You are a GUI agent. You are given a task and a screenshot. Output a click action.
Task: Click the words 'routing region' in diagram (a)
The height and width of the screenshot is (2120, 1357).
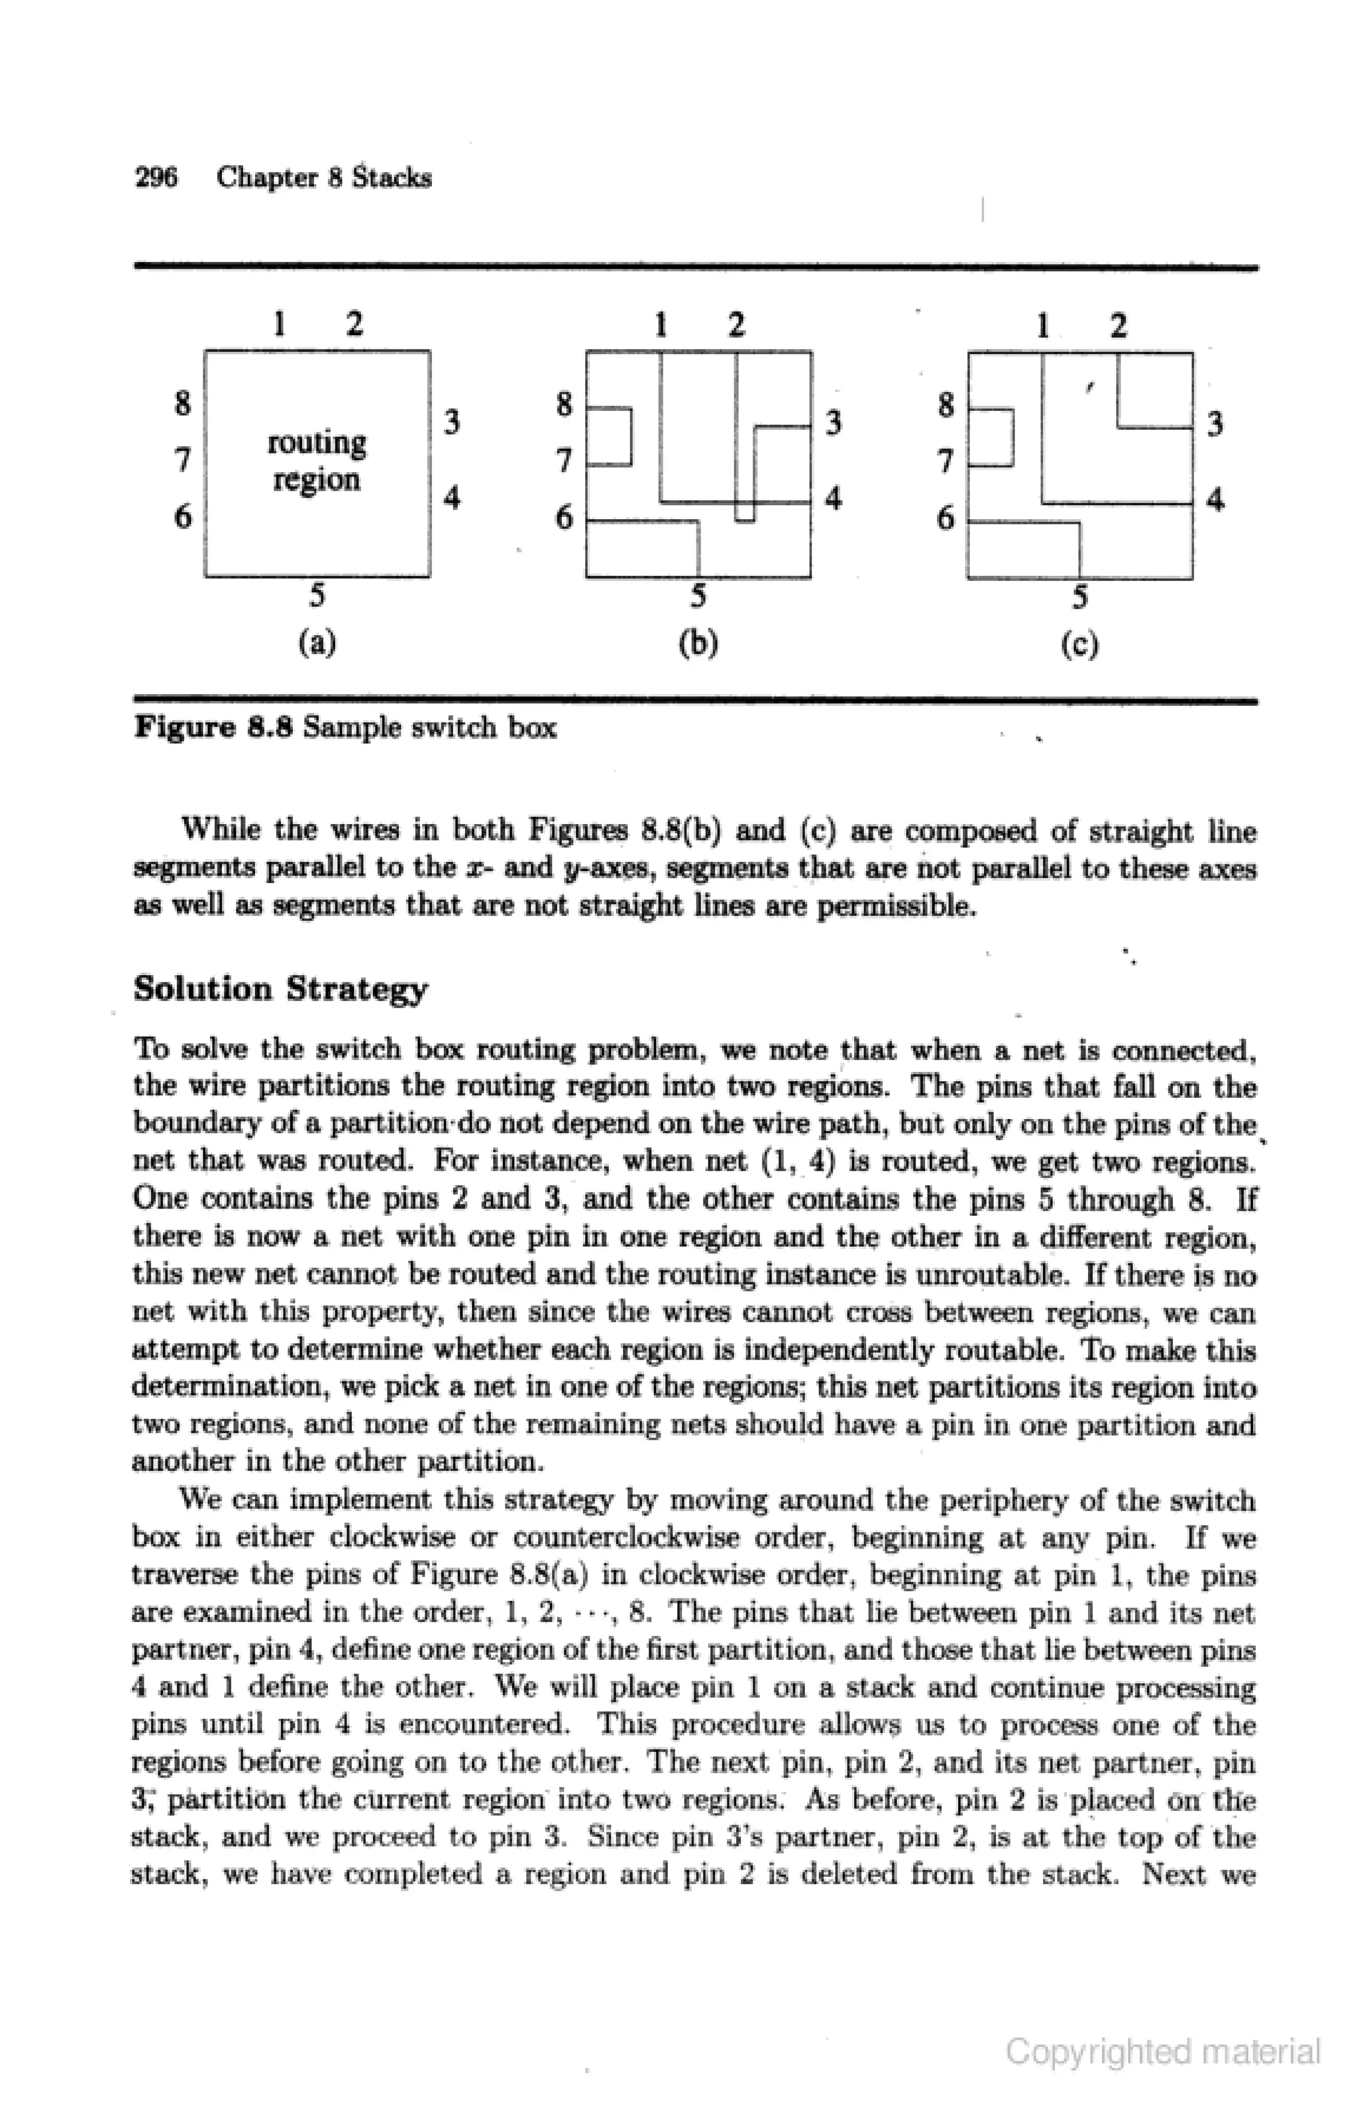(x=316, y=460)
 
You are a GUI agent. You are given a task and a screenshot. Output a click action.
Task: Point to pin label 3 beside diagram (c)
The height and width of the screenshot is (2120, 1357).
(x=1215, y=425)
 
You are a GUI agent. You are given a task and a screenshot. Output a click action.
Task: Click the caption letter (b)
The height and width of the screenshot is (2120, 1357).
(x=698, y=642)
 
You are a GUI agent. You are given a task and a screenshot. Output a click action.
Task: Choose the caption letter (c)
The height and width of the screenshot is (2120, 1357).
(x=1080, y=644)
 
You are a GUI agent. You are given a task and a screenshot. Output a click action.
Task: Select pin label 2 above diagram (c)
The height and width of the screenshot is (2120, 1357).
(x=1118, y=326)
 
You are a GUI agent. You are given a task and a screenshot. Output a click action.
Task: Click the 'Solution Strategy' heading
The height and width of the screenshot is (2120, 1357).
(x=281, y=989)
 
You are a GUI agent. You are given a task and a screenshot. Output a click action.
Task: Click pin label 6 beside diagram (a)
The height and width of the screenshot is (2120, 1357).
(x=182, y=516)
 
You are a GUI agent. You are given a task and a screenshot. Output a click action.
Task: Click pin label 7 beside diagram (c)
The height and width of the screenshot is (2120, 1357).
(x=946, y=460)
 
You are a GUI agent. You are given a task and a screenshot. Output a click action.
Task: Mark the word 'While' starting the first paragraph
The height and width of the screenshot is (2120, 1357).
(x=219, y=831)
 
